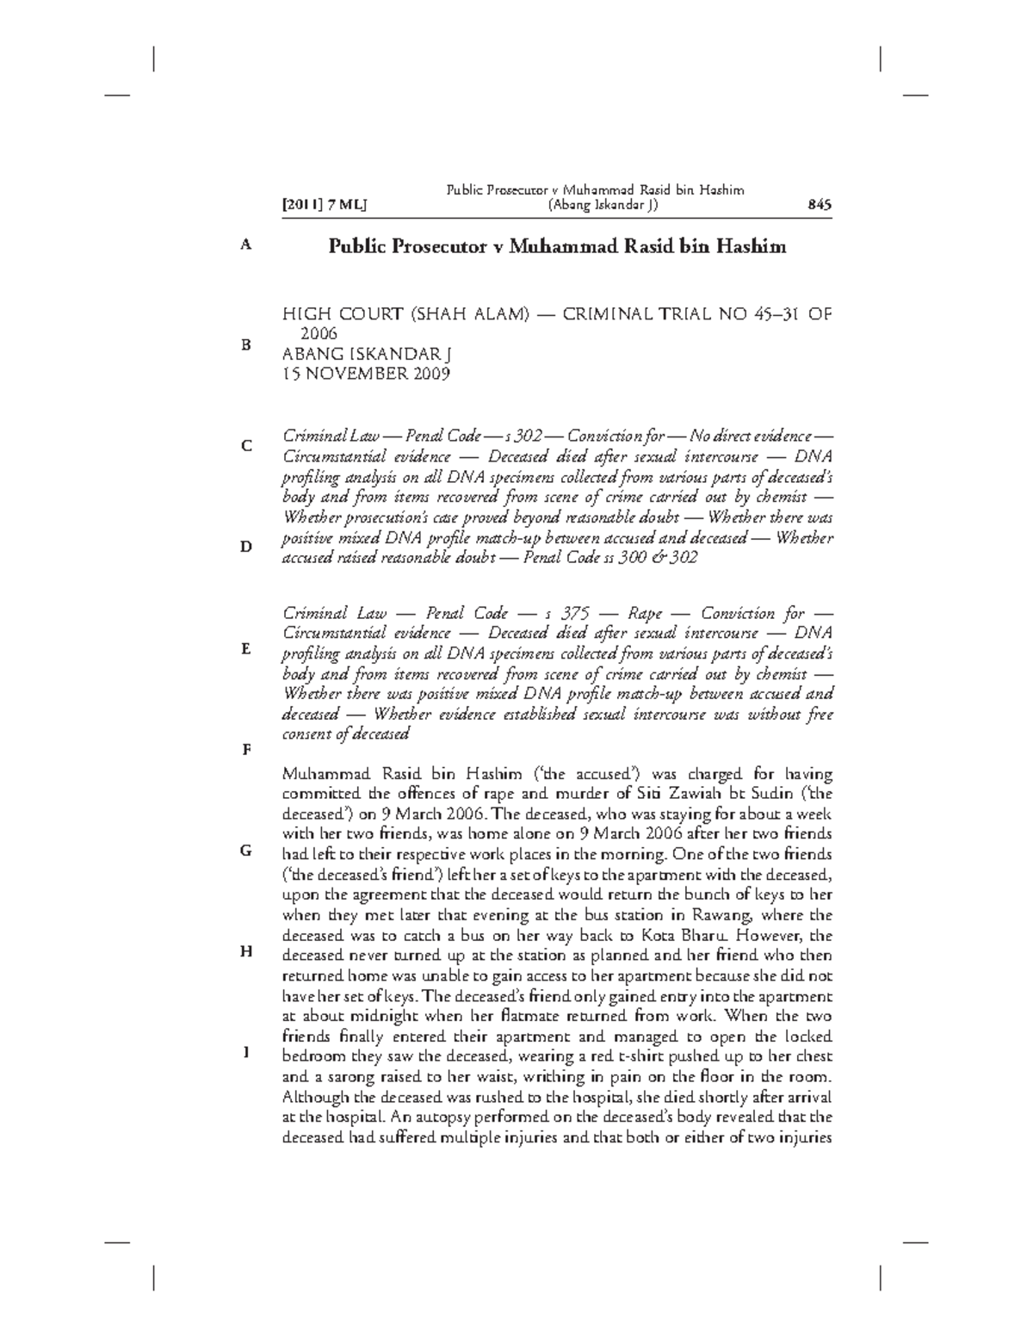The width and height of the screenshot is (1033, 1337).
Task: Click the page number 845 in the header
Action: (818, 205)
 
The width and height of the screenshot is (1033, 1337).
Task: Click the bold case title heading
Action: (557, 247)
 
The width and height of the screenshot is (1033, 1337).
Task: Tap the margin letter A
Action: (246, 244)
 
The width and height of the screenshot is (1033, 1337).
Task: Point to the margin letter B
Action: (246, 345)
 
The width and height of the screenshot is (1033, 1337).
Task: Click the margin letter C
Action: (246, 446)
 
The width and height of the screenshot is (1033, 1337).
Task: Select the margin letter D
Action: (246, 547)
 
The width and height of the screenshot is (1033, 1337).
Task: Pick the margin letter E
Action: (246, 648)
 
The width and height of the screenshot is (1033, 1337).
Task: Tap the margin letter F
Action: (246, 749)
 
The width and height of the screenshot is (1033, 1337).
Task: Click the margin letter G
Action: (246, 851)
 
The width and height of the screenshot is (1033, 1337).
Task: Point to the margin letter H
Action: (246, 951)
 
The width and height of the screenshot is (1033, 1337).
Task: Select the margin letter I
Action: (246, 1052)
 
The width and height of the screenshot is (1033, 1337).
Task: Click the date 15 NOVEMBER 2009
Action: (367, 374)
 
